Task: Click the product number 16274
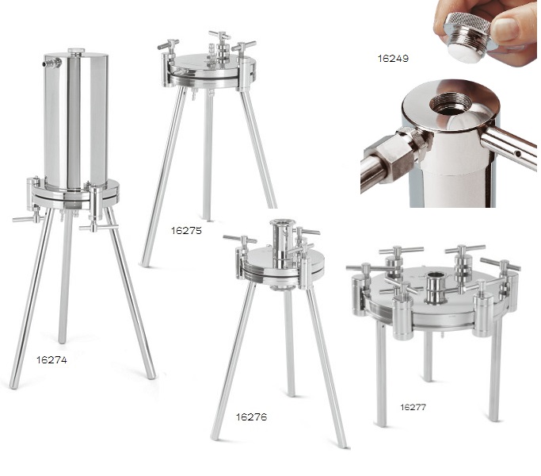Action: point(51,360)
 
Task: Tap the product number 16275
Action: point(186,231)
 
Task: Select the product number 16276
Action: point(251,416)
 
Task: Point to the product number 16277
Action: point(413,407)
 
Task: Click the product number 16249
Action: point(393,59)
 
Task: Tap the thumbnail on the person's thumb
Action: point(505,29)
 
